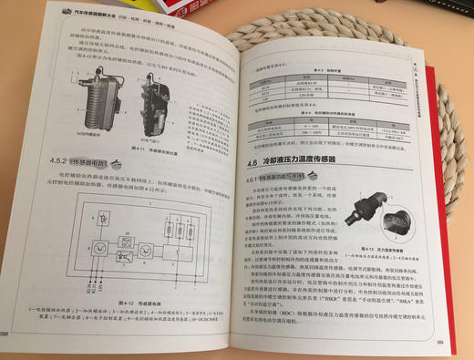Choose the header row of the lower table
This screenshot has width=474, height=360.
tap(319, 118)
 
